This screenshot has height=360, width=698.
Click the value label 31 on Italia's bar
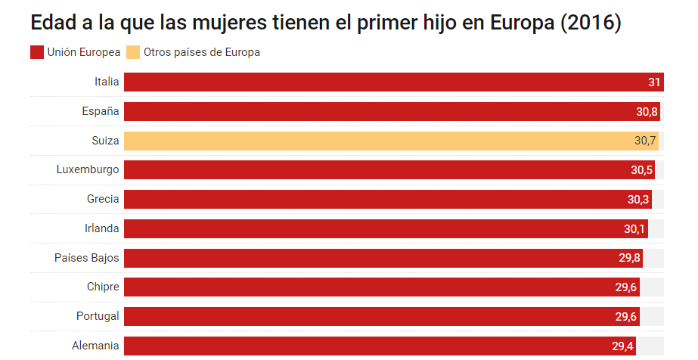click(654, 82)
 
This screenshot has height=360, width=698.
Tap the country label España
click(101, 111)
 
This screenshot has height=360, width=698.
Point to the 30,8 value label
click(647, 112)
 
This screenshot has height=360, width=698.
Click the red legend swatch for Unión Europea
click(36, 52)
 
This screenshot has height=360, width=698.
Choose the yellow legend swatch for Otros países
click(133, 52)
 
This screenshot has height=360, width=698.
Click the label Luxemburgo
click(88, 169)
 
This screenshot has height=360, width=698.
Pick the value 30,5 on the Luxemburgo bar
click(641, 170)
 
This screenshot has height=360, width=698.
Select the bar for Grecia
click(378, 199)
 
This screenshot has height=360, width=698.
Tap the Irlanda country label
click(101, 228)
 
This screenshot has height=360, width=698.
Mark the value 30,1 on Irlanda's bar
click(636, 228)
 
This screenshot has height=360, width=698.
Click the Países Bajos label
click(86, 257)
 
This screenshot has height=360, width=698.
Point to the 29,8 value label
click(630, 258)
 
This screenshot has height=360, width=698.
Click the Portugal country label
click(98, 315)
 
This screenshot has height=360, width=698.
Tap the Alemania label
click(95, 345)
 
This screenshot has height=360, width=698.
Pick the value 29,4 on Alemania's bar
click(623, 346)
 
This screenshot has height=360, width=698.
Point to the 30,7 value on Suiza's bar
click(645, 141)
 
